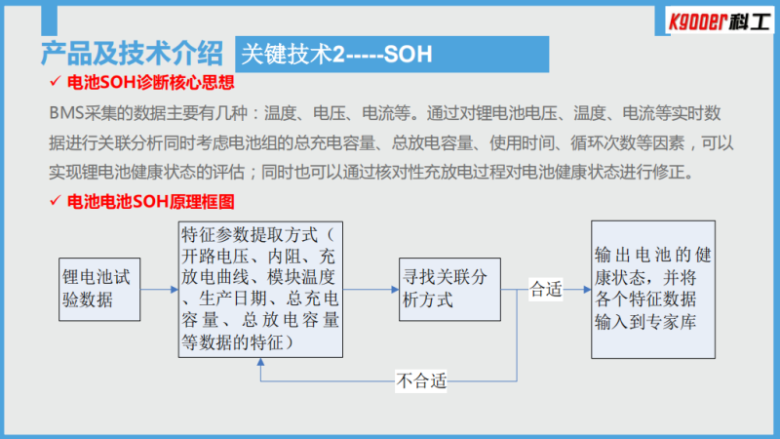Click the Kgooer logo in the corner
tap(720, 20)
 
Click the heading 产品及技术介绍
tap(132, 54)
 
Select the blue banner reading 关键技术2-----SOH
tap(392, 55)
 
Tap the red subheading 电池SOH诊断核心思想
tap(150, 83)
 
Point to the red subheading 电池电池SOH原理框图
tap(150, 202)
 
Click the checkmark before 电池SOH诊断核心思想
tap(56, 81)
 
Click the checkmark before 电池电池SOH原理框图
tap(56, 200)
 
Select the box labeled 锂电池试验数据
tap(99, 289)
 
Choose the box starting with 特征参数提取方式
tap(260, 289)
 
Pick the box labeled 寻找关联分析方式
tap(449, 289)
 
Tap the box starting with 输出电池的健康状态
tap(653, 290)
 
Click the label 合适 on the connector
tap(546, 289)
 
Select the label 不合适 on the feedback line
tap(421, 381)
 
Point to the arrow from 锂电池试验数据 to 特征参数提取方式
tap(159, 289)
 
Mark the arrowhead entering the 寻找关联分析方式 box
tap(395, 289)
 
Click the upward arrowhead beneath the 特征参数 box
tap(260, 362)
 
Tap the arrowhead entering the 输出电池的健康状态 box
tap(587, 289)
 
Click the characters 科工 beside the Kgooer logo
tap(751, 21)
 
